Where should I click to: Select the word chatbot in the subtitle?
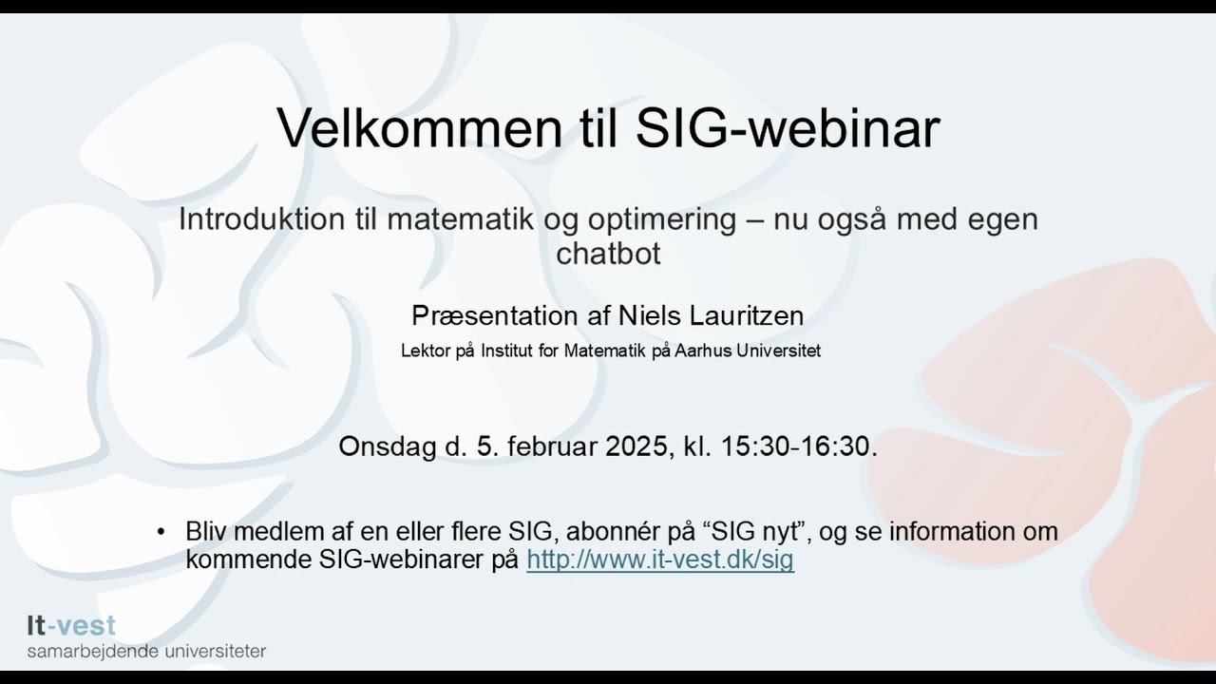click(608, 254)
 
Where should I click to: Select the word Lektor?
click(422, 351)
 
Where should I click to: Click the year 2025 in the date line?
click(633, 446)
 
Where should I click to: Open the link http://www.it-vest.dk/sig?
click(659, 560)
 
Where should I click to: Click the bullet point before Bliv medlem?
click(161, 531)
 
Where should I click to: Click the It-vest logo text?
click(71, 626)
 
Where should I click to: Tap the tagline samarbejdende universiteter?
click(146, 652)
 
